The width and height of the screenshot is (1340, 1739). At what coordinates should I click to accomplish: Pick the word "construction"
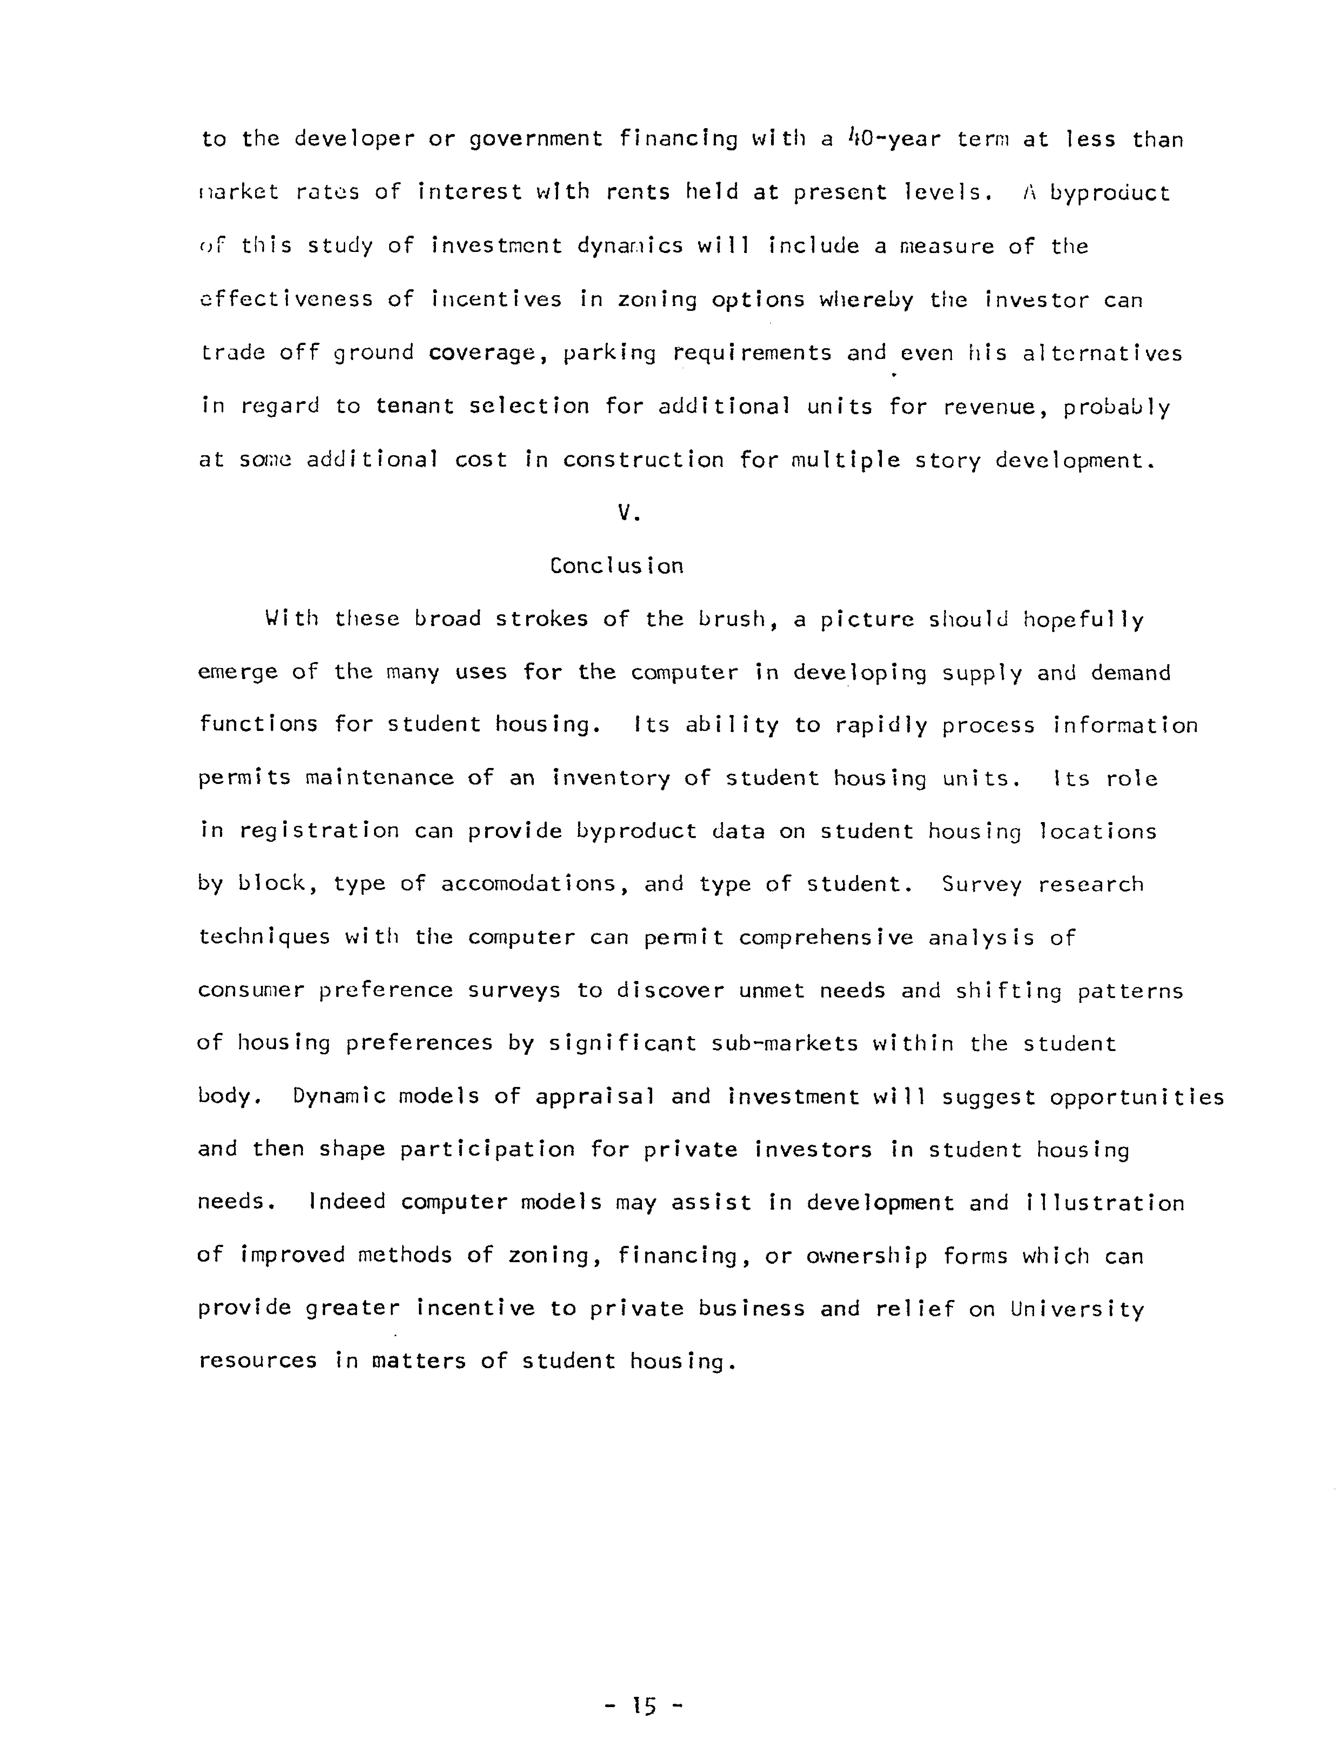click(x=643, y=460)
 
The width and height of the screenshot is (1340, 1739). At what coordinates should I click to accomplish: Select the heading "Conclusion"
click(x=616, y=566)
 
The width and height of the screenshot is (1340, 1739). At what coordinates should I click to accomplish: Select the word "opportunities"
click(x=1136, y=1096)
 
